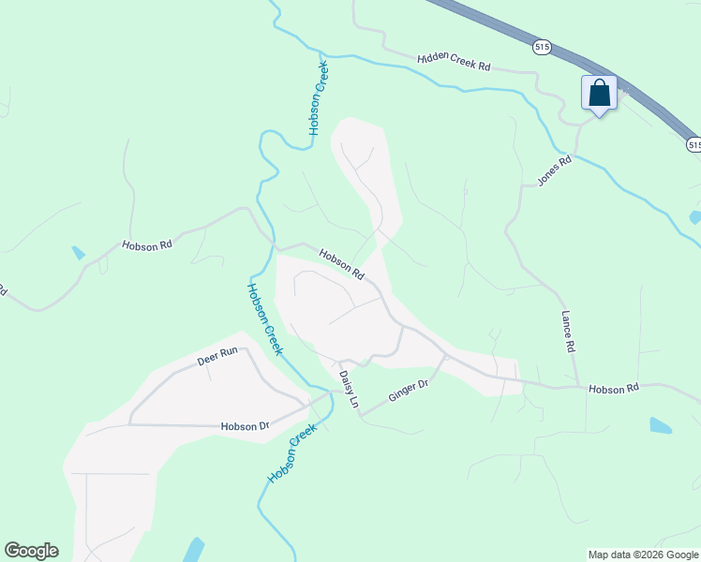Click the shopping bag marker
coord(599,94)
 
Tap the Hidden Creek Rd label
coord(455,63)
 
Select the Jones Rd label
coord(553,170)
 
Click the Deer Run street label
coord(217,357)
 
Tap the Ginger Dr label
coord(409,392)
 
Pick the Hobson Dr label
coord(245,426)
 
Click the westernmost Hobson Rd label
coord(147,245)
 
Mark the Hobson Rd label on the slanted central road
coord(341,263)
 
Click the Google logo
coord(31,551)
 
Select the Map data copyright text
coord(643,555)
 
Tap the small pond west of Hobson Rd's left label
coord(78,253)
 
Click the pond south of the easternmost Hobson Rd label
coord(660,425)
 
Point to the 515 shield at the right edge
coord(694,144)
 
